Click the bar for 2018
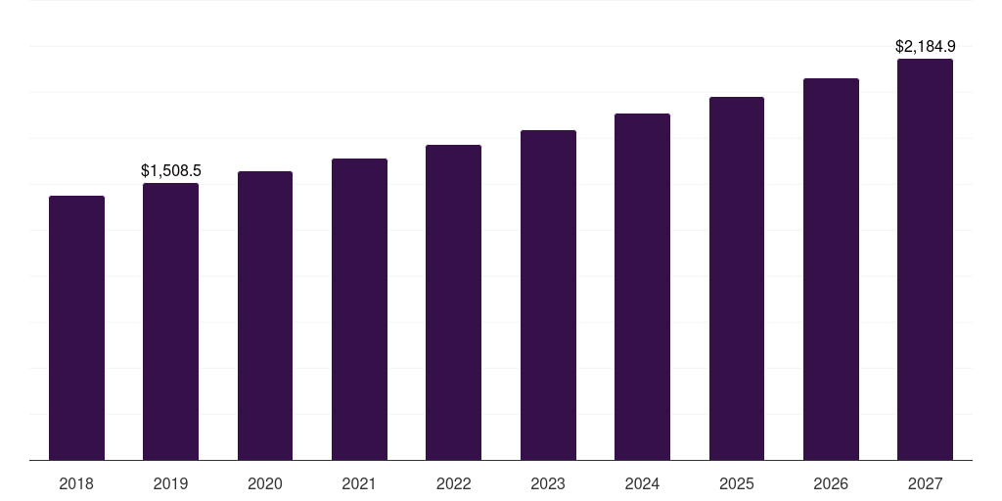pos(76,328)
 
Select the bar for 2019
pos(170,321)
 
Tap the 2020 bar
pos(265,315)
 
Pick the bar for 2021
pos(359,309)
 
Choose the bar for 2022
pos(453,302)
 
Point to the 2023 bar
pos(548,295)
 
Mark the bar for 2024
pos(642,287)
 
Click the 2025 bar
pos(737,278)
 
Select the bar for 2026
pos(831,269)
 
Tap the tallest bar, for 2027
pos(925,259)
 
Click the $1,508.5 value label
pos(171,171)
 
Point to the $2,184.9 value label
pos(926,46)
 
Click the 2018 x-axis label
pos(76,483)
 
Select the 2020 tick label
pos(265,483)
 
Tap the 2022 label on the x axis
pos(453,483)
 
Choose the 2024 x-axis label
pos(642,483)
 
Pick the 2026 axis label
pos(831,483)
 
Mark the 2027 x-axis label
pos(925,483)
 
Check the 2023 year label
pos(548,483)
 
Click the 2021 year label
pos(359,483)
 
